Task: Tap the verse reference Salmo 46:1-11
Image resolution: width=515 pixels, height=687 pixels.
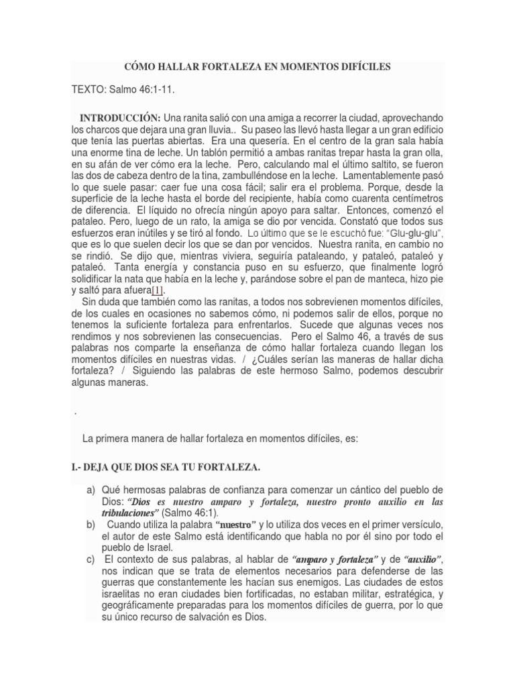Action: pyautogui.click(x=146, y=89)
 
